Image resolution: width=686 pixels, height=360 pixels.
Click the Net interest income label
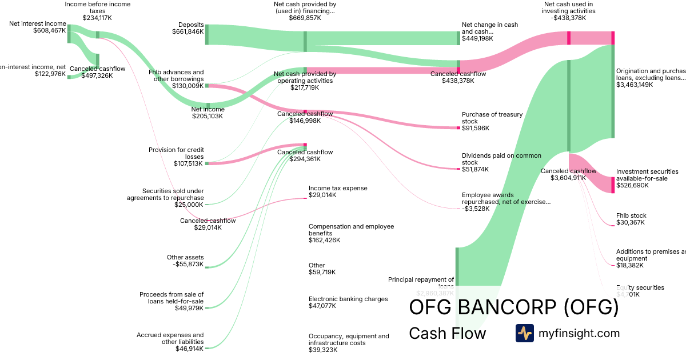point(38,23)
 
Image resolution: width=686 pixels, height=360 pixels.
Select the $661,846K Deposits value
point(188,31)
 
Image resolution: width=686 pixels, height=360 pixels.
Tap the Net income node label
point(208,109)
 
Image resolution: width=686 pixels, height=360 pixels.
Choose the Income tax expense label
point(338,188)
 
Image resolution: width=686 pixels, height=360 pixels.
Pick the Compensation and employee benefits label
point(351,230)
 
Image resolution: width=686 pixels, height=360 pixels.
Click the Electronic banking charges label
point(348,299)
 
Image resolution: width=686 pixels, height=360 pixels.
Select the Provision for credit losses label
point(176,153)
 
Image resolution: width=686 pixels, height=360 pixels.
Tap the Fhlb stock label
point(631,215)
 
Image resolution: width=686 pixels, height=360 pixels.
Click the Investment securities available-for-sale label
point(647,174)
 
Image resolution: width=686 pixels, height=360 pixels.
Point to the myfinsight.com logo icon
point(524,333)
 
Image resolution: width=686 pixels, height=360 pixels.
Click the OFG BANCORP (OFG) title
point(514,307)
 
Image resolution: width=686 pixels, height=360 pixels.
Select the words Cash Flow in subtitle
point(447,333)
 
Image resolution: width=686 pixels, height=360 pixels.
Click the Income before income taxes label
point(98,7)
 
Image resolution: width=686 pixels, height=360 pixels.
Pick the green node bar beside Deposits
point(206,35)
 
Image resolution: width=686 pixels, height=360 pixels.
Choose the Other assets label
point(185,257)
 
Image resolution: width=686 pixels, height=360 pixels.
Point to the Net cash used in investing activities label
point(568,7)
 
